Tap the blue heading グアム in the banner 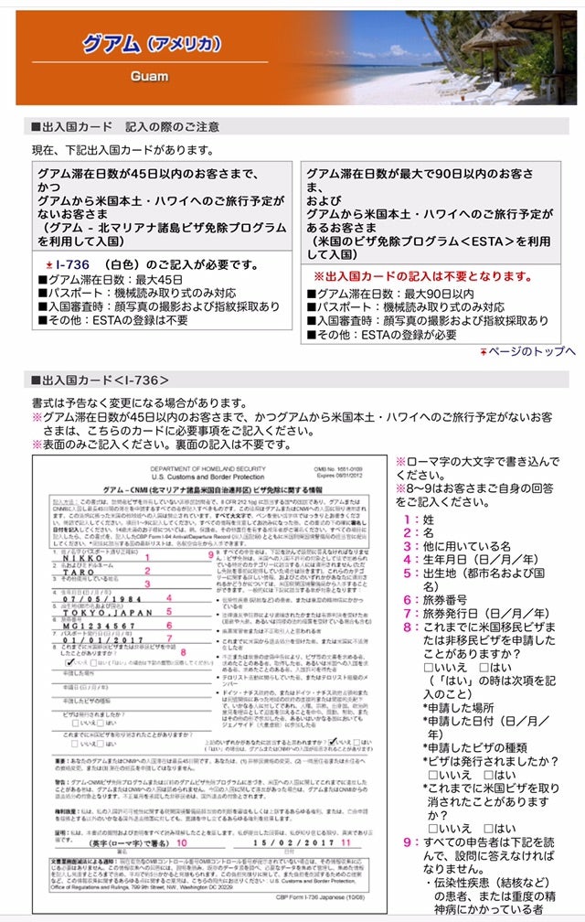tap(108, 43)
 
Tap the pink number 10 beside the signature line tap(182, 842)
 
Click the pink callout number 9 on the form tap(209, 554)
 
